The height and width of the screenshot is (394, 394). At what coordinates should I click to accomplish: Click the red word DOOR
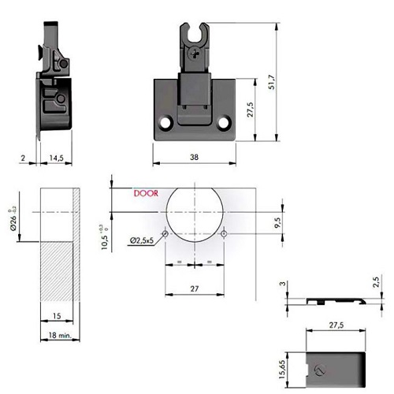click(x=146, y=193)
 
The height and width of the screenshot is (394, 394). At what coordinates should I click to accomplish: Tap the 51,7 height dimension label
click(x=272, y=82)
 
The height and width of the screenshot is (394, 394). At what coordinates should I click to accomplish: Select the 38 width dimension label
click(x=194, y=157)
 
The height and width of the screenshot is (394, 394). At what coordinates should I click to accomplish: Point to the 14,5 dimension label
click(x=57, y=158)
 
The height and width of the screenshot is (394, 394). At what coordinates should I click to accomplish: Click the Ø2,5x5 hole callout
click(x=142, y=240)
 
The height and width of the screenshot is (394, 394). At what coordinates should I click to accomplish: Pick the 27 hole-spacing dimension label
click(x=195, y=288)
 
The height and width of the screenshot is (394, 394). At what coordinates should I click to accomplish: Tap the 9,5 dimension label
click(x=278, y=222)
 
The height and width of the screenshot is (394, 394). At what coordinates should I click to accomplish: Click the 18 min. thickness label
click(x=60, y=335)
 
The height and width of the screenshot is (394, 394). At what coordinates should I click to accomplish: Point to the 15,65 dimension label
click(x=282, y=370)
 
